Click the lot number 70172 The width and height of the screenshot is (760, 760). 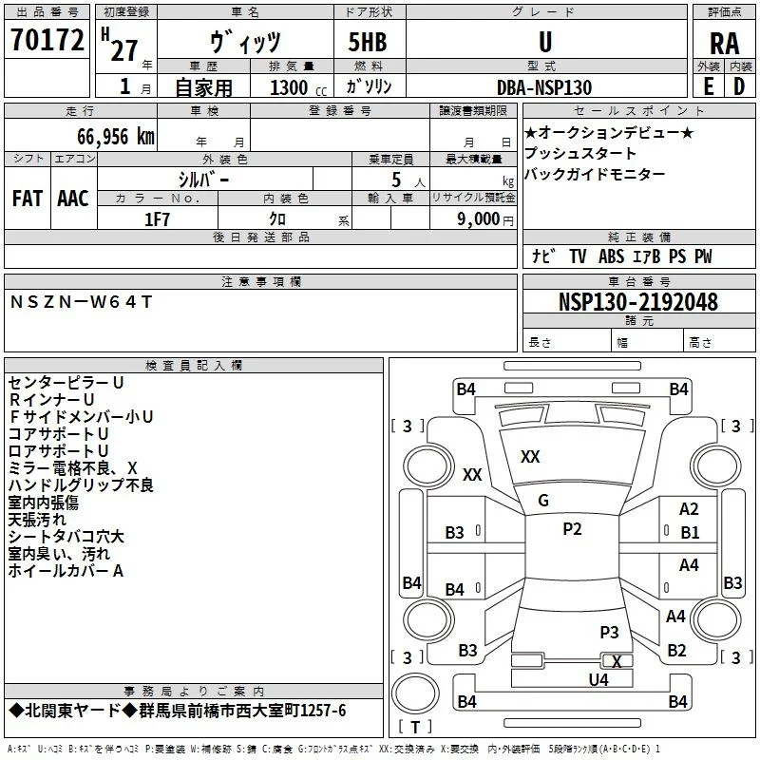point(47,40)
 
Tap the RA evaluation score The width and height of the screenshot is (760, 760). point(724,44)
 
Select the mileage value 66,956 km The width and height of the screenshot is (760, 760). point(116,137)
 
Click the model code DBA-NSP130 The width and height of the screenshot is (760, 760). point(544,87)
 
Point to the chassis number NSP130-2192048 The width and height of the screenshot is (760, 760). point(637,302)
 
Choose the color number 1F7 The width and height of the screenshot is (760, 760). point(157,219)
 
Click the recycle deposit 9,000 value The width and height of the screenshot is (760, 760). point(478,218)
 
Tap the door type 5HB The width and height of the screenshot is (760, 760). point(368,42)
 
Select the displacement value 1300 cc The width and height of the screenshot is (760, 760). point(298,87)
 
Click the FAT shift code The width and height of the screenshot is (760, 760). point(28,199)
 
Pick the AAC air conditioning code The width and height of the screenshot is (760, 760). point(73,199)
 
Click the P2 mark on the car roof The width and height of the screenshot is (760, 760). point(572,529)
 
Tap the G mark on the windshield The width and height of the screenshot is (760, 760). point(543,501)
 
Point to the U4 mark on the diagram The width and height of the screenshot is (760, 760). point(598,680)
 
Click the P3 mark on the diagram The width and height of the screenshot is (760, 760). point(609,632)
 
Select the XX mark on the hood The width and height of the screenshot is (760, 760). point(530,457)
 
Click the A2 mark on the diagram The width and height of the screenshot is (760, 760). point(689,509)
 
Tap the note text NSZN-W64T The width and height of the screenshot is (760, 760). point(81,302)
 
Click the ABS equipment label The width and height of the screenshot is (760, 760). point(611,256)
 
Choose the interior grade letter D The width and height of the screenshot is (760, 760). point(739,86)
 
